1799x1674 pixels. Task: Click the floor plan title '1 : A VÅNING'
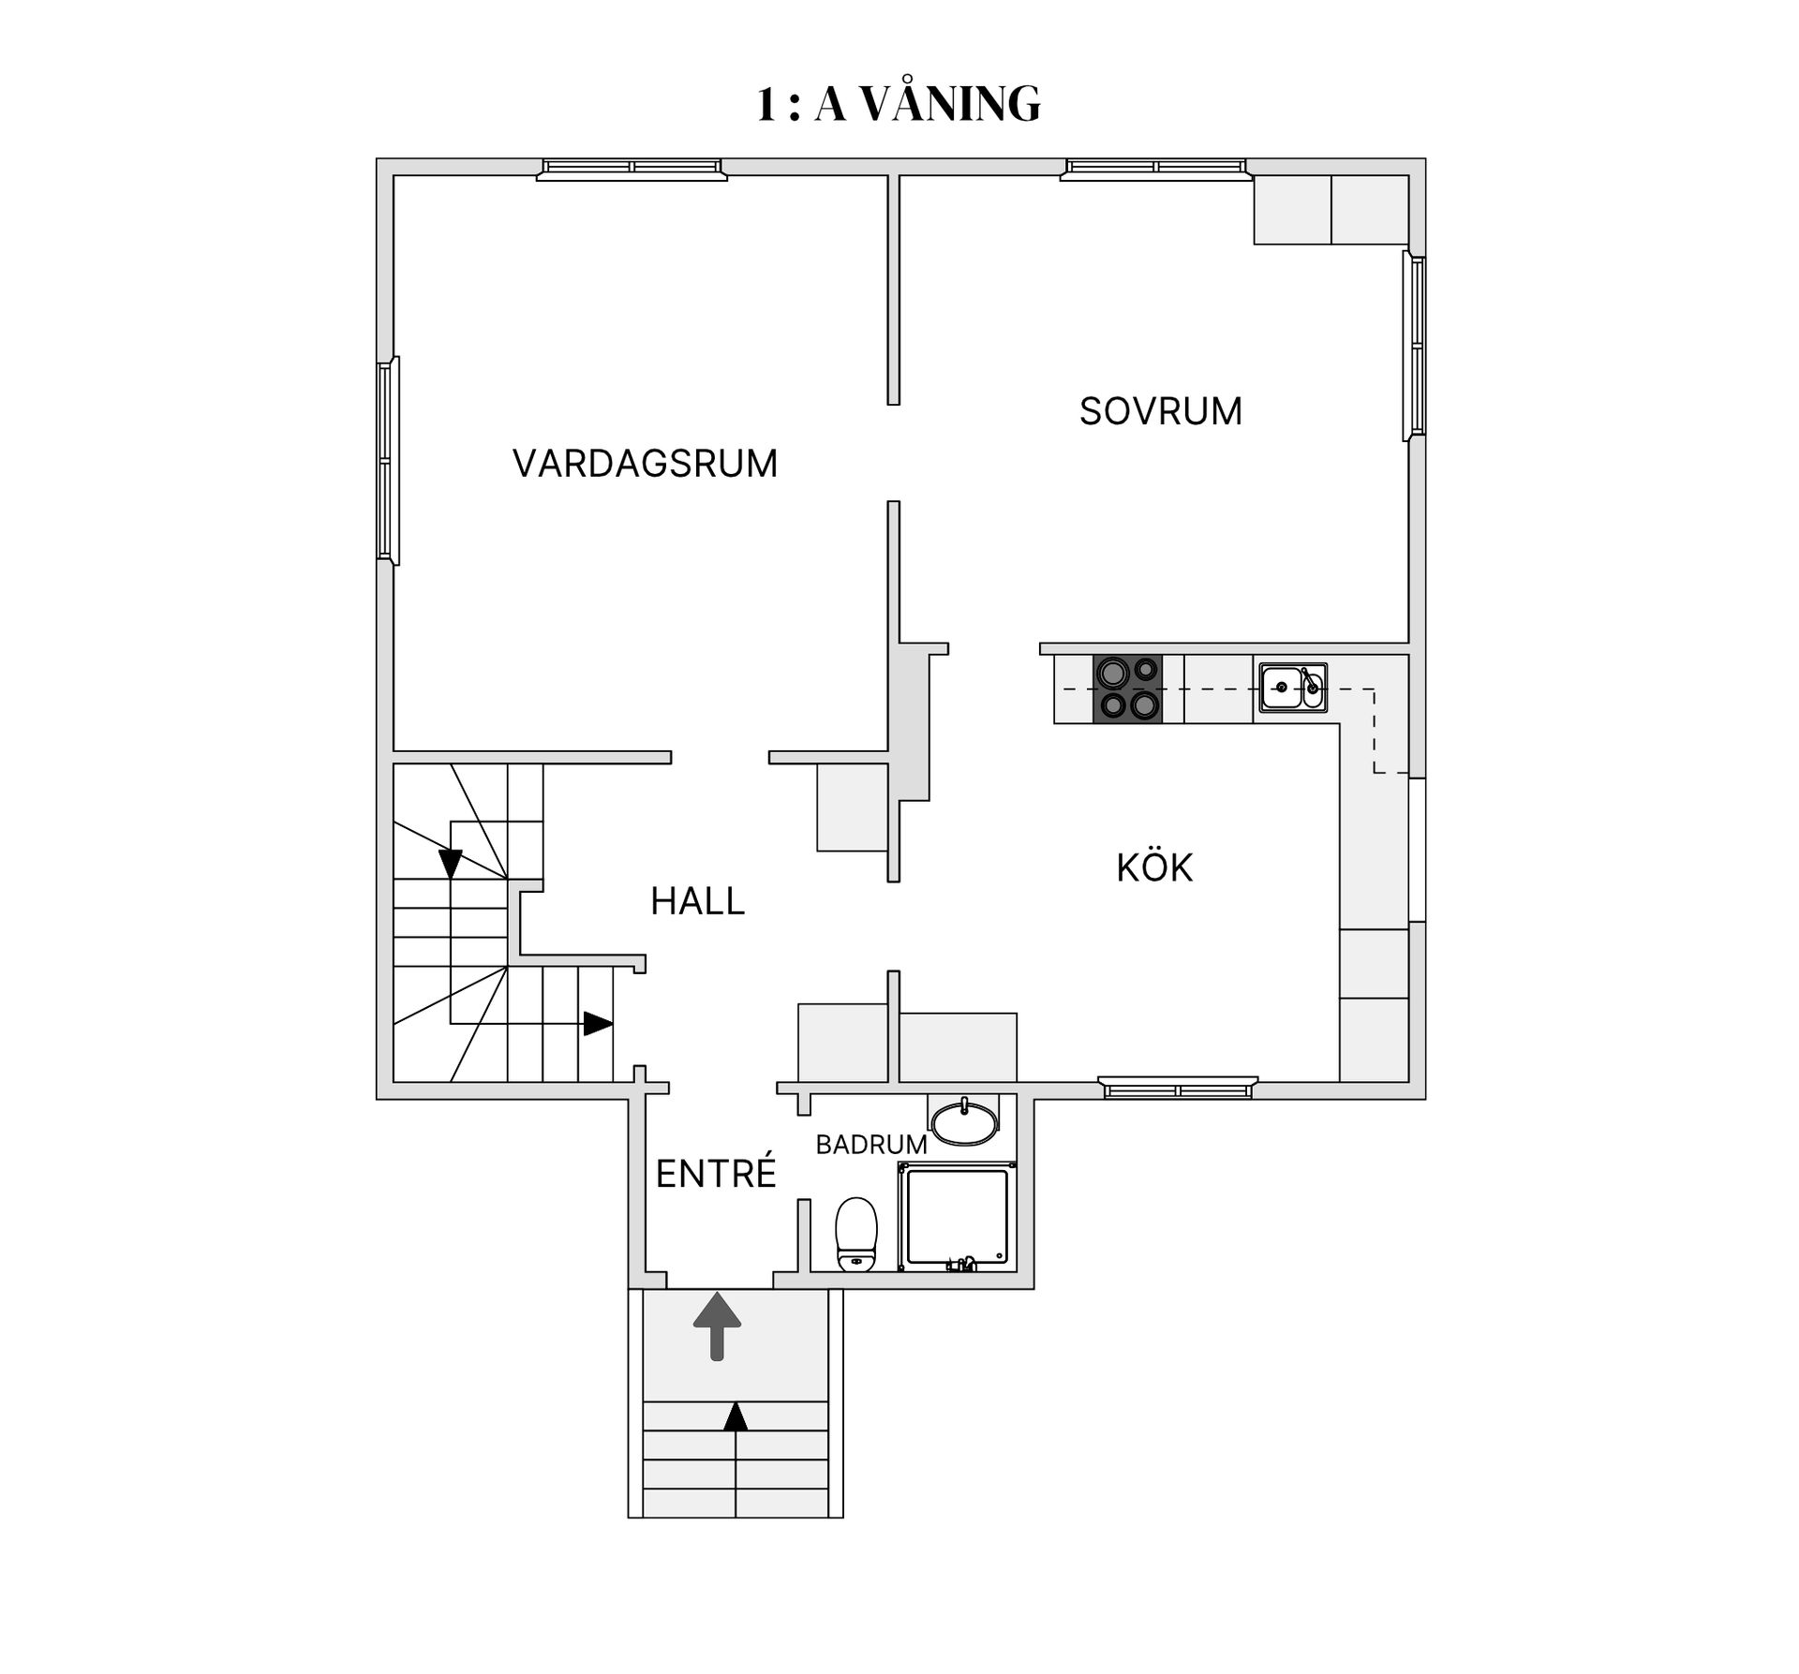coord(899,104)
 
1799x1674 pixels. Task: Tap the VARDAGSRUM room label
coord(645,464)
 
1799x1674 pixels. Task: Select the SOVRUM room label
coord(1160,411)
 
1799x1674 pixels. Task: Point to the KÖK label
coord(1154,868)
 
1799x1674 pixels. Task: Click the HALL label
coord(697,901)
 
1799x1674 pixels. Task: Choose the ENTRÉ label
coord(716,1174)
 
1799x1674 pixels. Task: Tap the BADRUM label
coord(870,1144)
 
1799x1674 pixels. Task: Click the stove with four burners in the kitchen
coord(1127,689)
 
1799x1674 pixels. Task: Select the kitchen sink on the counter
coord(1292,688)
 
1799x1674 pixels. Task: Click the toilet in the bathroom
coord(855,1234)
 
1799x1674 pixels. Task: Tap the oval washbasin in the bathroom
coord(964,1123)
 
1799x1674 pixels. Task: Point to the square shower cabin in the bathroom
coord(956,1216)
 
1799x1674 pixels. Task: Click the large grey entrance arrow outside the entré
coord(717,1326)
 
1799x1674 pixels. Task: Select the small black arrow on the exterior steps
coord(736,1415)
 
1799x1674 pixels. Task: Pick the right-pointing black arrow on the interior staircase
coord(597,1023)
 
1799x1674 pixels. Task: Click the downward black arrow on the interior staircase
coord(451,863)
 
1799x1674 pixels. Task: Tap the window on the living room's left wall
coord(388,460)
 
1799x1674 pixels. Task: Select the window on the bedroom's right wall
coord(1416,346)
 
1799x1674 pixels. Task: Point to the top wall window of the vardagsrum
coord(632,169)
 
